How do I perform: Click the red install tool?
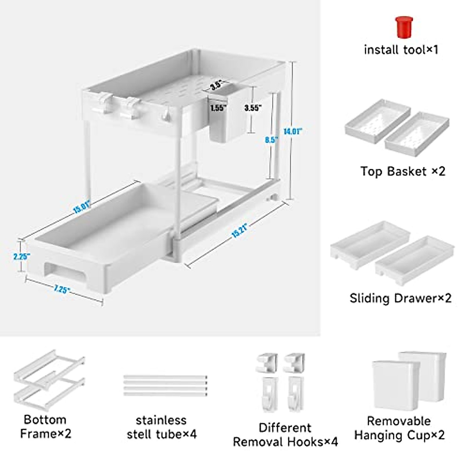tap(404, 27)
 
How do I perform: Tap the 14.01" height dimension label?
tap(293, 132)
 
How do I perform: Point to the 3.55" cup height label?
tap(253, 108)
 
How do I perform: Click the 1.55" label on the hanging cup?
tap(218, 108)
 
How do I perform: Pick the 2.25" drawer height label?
tap(19, 256)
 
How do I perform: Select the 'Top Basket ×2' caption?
tap(403, 171)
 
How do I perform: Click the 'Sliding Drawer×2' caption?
tap(401, 298)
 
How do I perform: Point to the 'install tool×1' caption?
tap(401, 50)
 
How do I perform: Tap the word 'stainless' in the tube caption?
tap(161, 420)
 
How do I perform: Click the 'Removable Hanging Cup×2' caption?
tap(399, 428)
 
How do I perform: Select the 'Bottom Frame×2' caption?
tap(45, 426)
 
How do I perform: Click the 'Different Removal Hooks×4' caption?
tap(285, 435)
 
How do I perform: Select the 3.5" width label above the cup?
tap(216, 84)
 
